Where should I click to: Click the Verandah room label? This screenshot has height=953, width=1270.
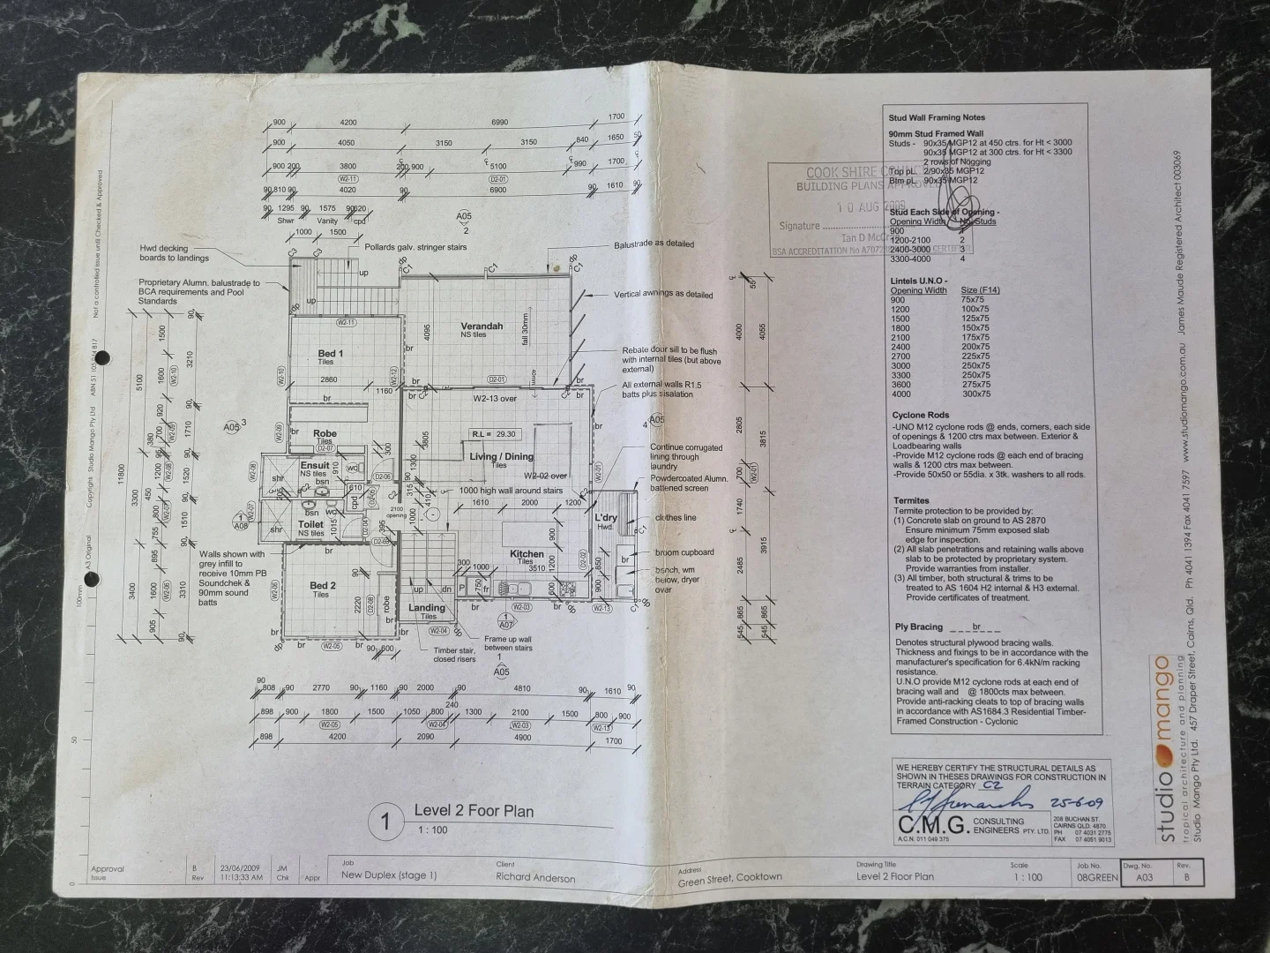482,326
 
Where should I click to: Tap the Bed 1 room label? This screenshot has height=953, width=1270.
331,354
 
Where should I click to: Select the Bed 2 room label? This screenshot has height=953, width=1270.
323,586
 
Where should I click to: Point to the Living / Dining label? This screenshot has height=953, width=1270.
501,456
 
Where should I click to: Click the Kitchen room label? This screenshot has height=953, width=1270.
527,554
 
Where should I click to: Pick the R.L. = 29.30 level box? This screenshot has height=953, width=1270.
495,434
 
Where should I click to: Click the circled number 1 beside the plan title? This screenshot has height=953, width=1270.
385,822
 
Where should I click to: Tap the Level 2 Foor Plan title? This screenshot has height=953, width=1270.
474,811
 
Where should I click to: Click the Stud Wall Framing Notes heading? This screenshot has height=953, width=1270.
937,117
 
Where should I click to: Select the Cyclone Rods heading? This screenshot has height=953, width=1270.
920,415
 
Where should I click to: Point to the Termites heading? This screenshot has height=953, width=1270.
911,500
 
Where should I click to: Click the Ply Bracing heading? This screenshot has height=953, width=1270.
919,627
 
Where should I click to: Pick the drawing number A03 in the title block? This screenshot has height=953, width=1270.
1144,878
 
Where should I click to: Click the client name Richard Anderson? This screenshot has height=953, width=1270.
535,878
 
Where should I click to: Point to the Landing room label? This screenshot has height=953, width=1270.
427,608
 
